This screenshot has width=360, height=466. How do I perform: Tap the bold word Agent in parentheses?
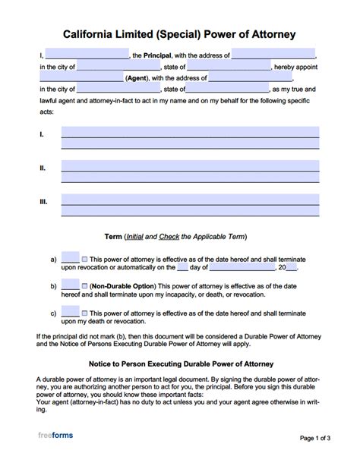click(137, 77)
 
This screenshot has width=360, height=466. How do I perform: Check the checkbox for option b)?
click(84, 286)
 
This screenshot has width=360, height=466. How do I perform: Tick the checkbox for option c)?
click(84, 313)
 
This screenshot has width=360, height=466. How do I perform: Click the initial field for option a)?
click(70, 258)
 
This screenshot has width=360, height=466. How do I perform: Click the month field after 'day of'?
click(242, 267)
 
